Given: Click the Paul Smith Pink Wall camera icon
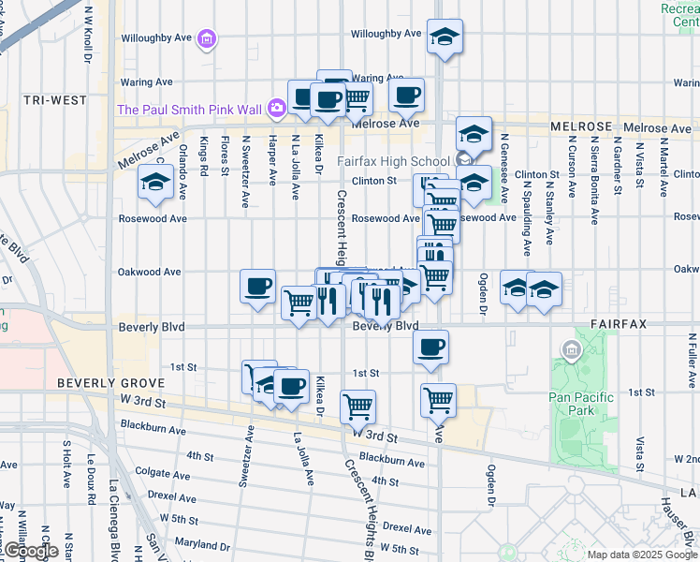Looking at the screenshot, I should coord(276,109).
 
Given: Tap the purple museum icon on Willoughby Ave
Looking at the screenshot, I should coord(207,39).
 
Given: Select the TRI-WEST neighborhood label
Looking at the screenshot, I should coord(55,100).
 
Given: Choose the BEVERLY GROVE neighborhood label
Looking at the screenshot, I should coord(110,384).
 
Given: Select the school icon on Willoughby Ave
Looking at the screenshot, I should coord(445,37).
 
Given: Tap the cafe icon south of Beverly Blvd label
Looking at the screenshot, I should coord(430,348).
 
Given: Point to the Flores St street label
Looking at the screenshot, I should coord(225,155).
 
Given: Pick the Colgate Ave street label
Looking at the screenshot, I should coord(153,473).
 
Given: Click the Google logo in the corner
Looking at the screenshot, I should coord(31,552).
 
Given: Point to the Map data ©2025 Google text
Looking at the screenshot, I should coord(641,555).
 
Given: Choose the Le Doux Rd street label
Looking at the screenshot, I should coord(92,481).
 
